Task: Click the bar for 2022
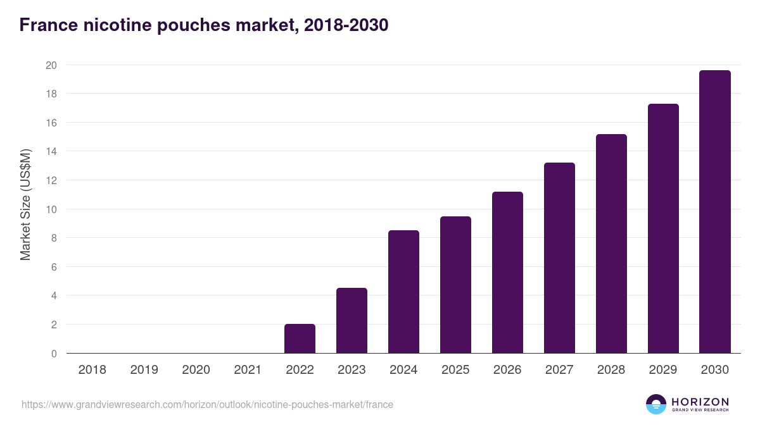pyautogui.click(x=300, y=338)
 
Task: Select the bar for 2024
pyautogui.click(x=403, y=292)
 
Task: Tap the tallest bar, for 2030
pyautogui.click(x=715, y=212)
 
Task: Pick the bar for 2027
pyautogui.click(x=559, y=258)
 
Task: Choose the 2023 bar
pyautogui.click(x=351, y=321)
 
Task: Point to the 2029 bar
pyautogui.click(x=663, y=228)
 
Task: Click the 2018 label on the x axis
pyautogui.click(x=92, y=370)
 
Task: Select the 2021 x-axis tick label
pyautogui.click(x=248, y=370)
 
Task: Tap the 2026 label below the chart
pyautogui.click(x=507, y=370)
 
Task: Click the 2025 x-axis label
pyautogui.click(x=455, y=370)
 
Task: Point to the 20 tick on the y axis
pyautogui.click(x=51, y=65)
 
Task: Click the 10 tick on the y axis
pyautogui.click(x=51, y=209)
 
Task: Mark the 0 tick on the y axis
pyautogui.click(x=54, y=354)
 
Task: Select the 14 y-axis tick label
pyautogui.click(x=51, y=151)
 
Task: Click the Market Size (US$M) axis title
pyautogui.click(x=25, y=204)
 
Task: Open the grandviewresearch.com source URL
pyautogui.click(x=207, y=405)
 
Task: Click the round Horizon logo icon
pyautogui.click(x=656, y=404)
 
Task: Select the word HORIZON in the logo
pyautogui.click(x=700, y=402)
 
